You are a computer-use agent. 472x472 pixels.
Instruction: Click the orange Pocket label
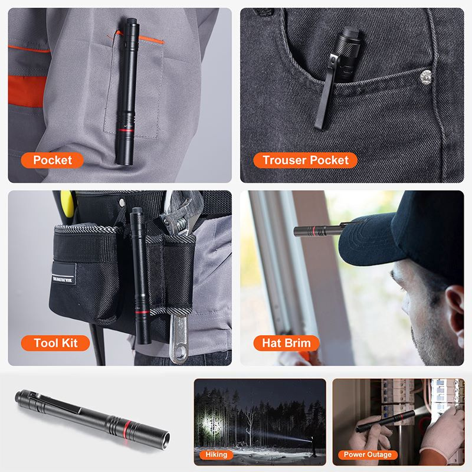click(52, 160)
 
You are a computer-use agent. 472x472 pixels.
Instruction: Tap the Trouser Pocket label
click(305, 160)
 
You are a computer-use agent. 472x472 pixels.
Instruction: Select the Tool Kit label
click(55, 343)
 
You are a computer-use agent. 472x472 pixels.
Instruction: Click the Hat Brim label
click(286, 343)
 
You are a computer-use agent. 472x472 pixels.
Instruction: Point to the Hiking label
click(216, 454)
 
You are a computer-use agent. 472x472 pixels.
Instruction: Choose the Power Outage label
click(368, 454)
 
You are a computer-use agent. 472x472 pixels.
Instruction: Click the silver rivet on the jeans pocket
click(425, 77)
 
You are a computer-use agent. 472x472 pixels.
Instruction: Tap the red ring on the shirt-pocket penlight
click(125, 130)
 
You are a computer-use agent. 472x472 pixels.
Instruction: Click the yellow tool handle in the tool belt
click(67, 204)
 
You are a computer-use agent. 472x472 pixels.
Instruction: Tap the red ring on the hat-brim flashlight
click(314, 231)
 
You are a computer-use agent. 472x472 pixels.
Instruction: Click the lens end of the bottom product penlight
click(165, 441)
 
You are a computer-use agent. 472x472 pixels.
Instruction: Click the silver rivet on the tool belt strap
click(122, 202)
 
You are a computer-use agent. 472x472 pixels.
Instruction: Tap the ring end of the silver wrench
click(179, 352)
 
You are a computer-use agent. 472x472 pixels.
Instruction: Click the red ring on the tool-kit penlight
click(142, 312)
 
